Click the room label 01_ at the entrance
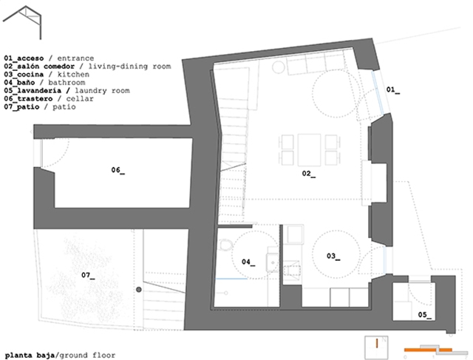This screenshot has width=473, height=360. [393, 89]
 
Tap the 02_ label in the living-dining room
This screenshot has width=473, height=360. [309, 174]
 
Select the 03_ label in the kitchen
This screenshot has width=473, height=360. [333, 257]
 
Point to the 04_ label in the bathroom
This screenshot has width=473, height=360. [248, 262]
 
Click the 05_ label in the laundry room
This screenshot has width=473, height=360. [424, 315]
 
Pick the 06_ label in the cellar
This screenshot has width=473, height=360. [118, 170]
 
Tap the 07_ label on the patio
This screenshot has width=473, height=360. [88, 275]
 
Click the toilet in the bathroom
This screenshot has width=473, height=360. [225, 245]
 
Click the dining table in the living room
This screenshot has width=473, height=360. [309, 150]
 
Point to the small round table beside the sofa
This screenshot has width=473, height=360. [279, 67]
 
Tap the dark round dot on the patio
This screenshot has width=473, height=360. [139, 290]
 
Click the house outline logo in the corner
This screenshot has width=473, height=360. [22, 22]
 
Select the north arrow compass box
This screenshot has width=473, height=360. [376, 347]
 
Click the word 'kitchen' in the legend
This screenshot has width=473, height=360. [73, 75]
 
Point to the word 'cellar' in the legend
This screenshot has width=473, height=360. [80, 99]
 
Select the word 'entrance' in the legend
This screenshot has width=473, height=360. [75, 58]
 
